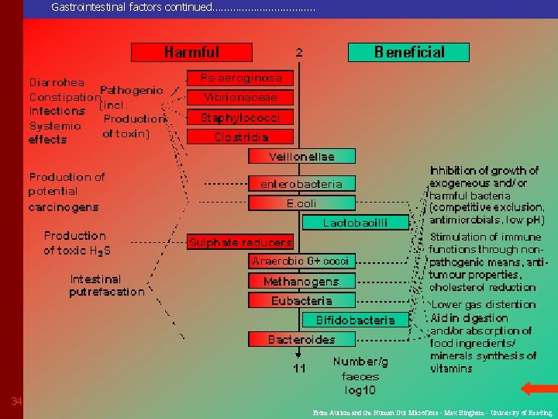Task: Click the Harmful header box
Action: point(191,52)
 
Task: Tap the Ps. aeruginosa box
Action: point(241,78)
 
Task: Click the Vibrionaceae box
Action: point(241,98)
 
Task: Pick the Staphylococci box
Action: point(241,118)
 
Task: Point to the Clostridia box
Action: point(241,137)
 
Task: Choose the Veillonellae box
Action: point(301,157)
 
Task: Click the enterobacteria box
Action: point(301,184)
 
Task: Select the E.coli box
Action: point(301,203)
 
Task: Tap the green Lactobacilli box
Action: point(355,223)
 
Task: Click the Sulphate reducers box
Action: point(241,242)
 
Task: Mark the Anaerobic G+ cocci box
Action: point(301,261)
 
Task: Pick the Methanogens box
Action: point(301,281)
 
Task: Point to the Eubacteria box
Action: point(301,300)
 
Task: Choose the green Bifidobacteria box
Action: point(355,320)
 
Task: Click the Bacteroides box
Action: point(301,339)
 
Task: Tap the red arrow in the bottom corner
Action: point(535,388)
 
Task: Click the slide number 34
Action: point(16,401)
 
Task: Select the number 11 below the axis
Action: point(299,368)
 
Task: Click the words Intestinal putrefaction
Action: point(106,286)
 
